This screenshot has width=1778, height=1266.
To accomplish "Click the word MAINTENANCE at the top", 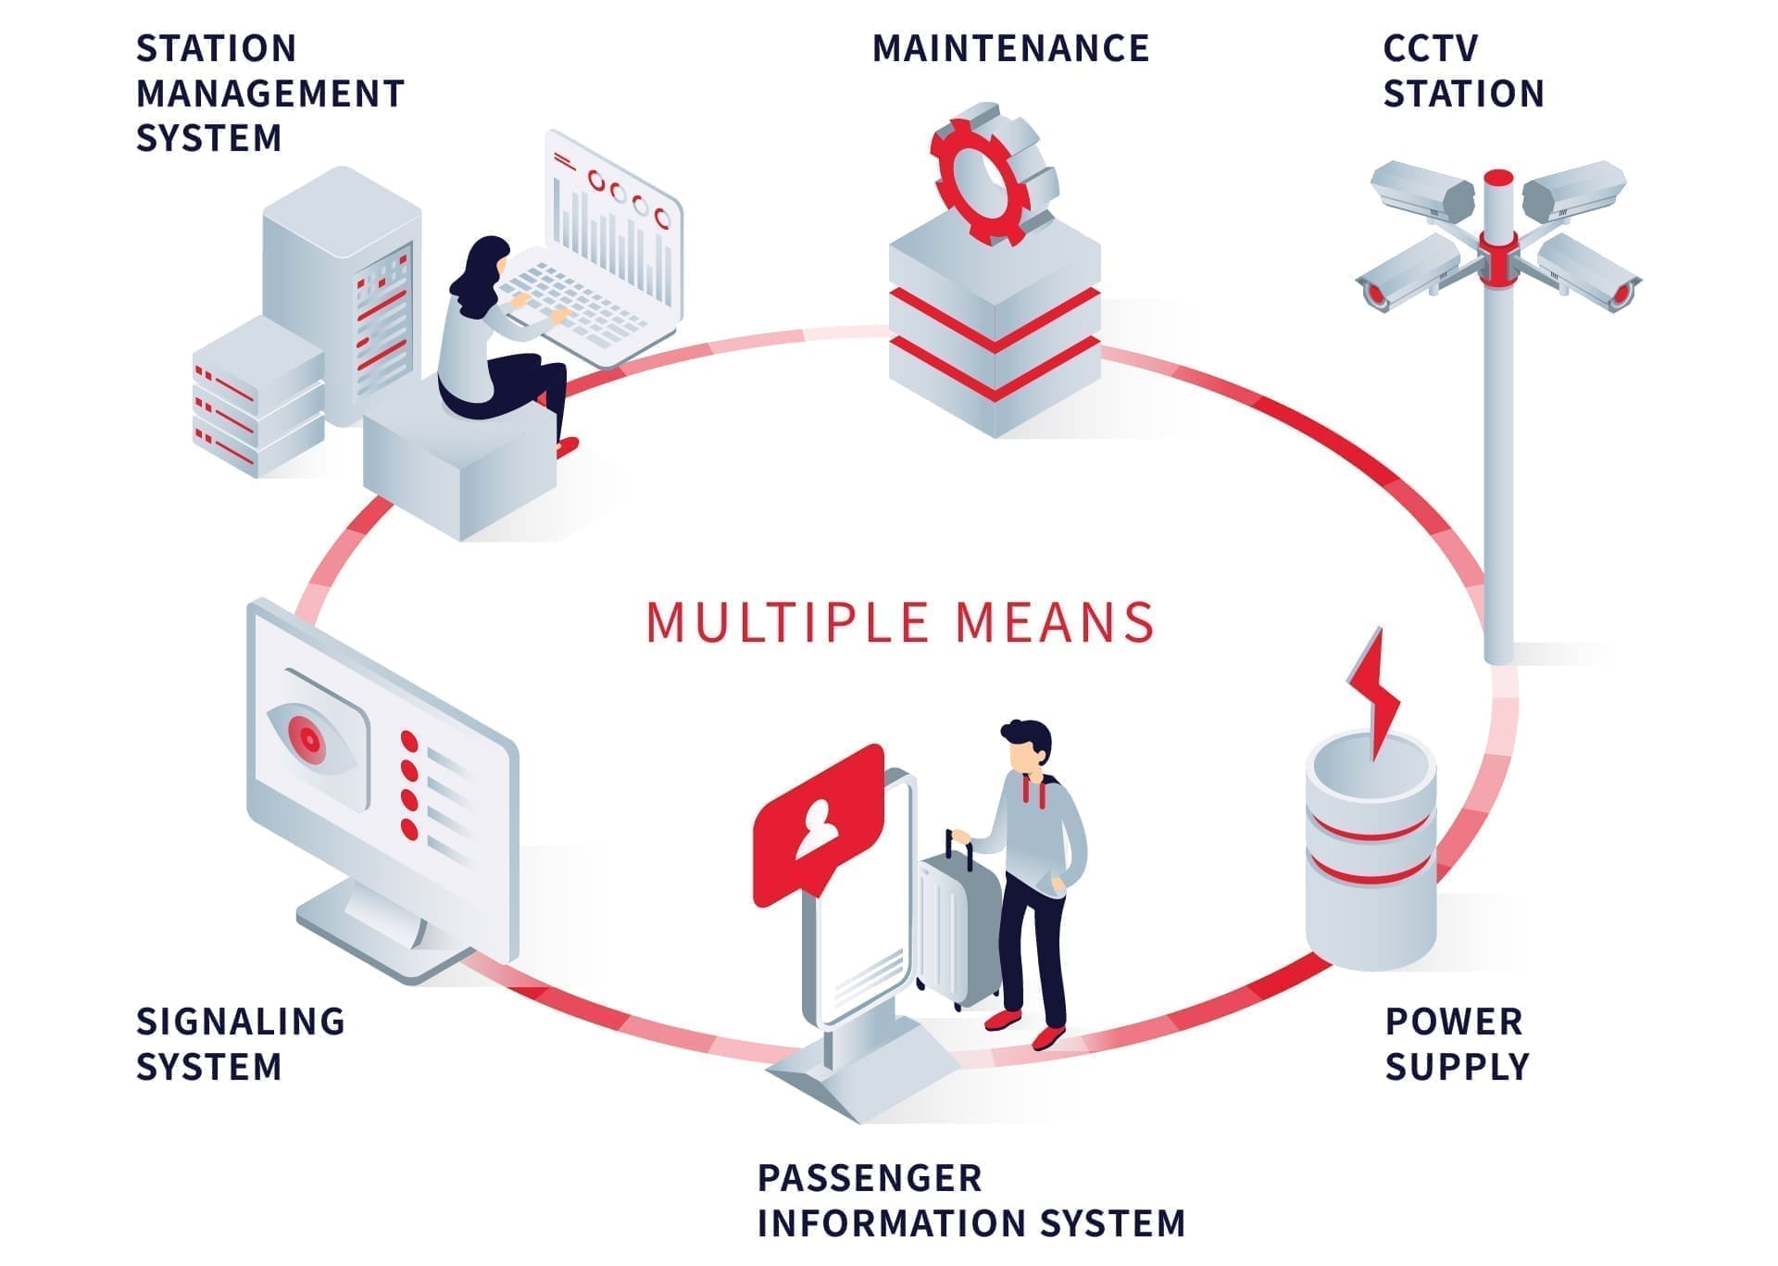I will click(x=1010, y=49).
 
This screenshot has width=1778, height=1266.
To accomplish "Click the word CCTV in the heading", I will click(x=1430, y=49).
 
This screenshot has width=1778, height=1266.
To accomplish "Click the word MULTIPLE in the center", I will click(x=787, y=621).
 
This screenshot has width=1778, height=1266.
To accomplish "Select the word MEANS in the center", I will click(x=1055, y=621).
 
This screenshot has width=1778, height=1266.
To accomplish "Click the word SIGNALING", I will click(x=241, y=1022).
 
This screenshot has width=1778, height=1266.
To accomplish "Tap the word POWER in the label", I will click(x=1453, y=1022).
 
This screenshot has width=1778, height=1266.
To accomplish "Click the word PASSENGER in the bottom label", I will click(x=870, y=1178).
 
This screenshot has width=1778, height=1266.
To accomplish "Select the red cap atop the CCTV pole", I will click(x=1498, y=178).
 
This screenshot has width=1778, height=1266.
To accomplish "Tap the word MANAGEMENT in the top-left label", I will click(x=270, y=94).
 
